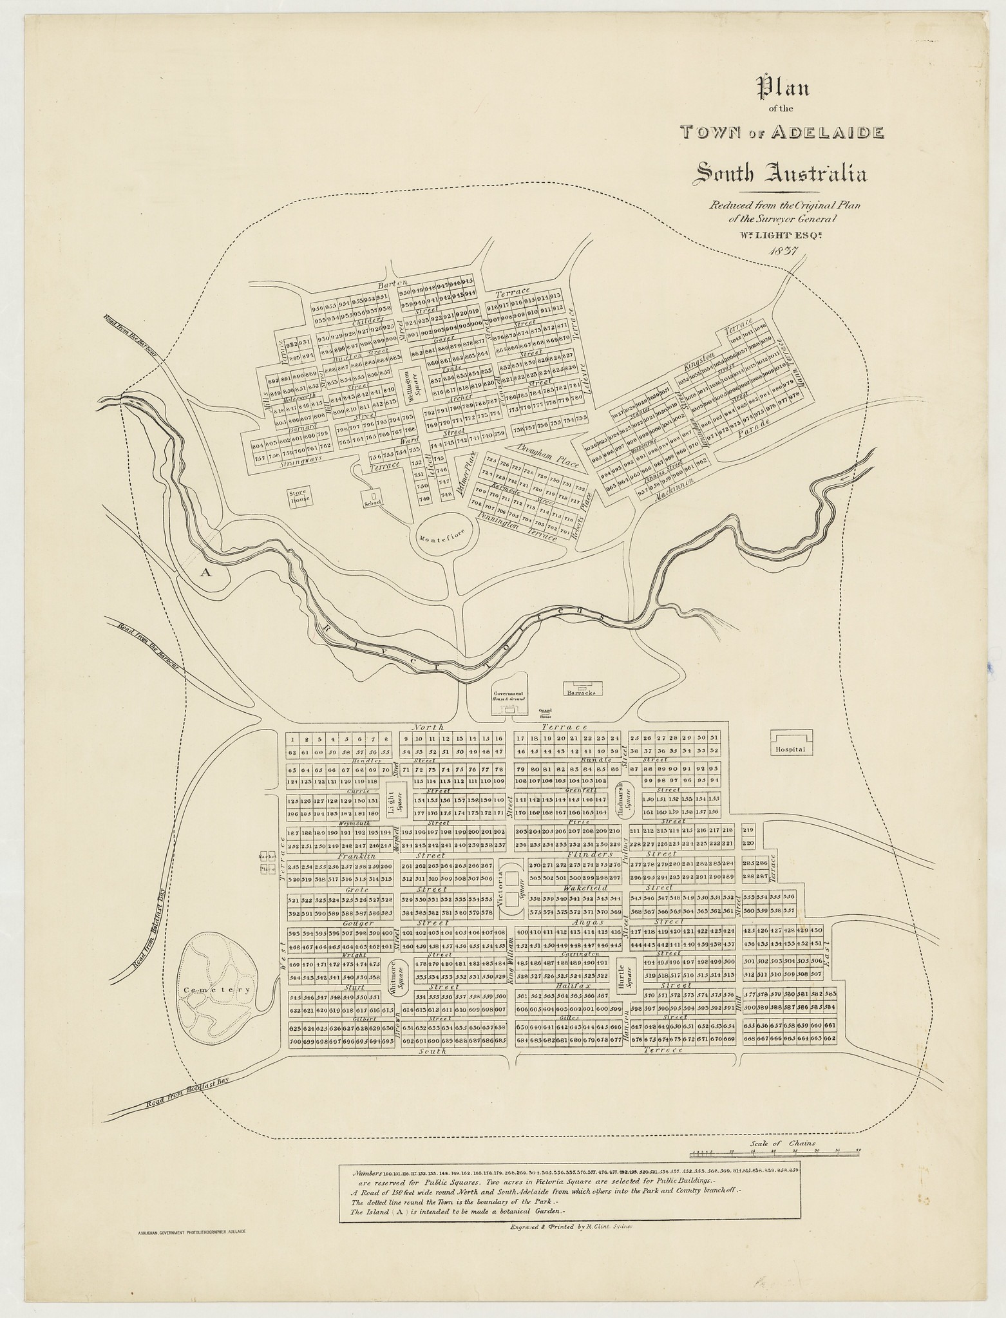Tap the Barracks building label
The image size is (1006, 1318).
point(582,693)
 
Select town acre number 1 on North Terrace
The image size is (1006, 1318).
point(292,739)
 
